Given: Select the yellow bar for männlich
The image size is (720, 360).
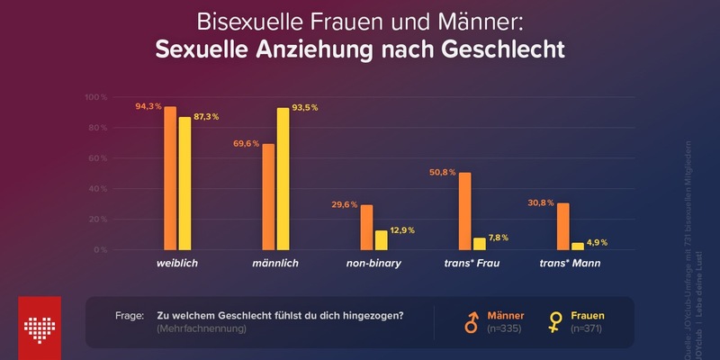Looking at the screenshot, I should point(283,179).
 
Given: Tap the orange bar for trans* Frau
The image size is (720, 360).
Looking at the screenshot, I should point(464,211).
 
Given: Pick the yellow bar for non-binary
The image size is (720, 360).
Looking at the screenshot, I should point(381,240).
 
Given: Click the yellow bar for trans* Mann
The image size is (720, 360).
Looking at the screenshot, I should point(577,246).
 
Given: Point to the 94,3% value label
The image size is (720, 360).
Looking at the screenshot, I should point(148,106).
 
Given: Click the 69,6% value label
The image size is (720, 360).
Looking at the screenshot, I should point(246,143).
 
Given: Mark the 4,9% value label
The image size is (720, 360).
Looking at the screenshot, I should point(598,242).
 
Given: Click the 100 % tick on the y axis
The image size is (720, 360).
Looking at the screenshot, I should point(96,97).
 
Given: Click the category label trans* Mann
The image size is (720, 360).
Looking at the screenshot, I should point(569,264).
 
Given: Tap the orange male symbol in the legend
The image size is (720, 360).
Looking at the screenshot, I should point(470,321).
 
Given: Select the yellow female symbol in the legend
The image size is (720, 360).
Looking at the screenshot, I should point(556,321).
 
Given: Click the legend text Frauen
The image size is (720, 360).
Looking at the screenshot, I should point(588,315).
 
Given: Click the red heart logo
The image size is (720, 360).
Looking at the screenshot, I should point(40,322).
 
